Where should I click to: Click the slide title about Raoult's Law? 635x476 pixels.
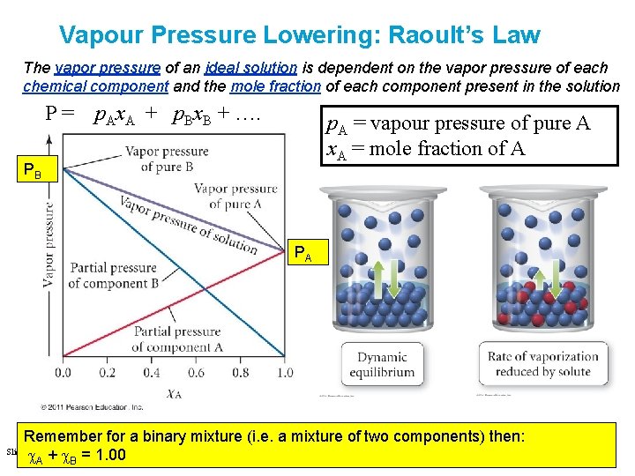click(299, 34)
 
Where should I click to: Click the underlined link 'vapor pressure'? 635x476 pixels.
click(107, 68)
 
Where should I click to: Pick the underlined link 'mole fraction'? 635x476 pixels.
click(275, 86)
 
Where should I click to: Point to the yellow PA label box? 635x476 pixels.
click(303, 254)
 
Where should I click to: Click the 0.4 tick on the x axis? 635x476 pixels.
click(151, 374)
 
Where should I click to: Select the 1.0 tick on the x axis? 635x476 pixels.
click(284, 374)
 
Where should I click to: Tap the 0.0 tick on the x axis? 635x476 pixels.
click(63, 374)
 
